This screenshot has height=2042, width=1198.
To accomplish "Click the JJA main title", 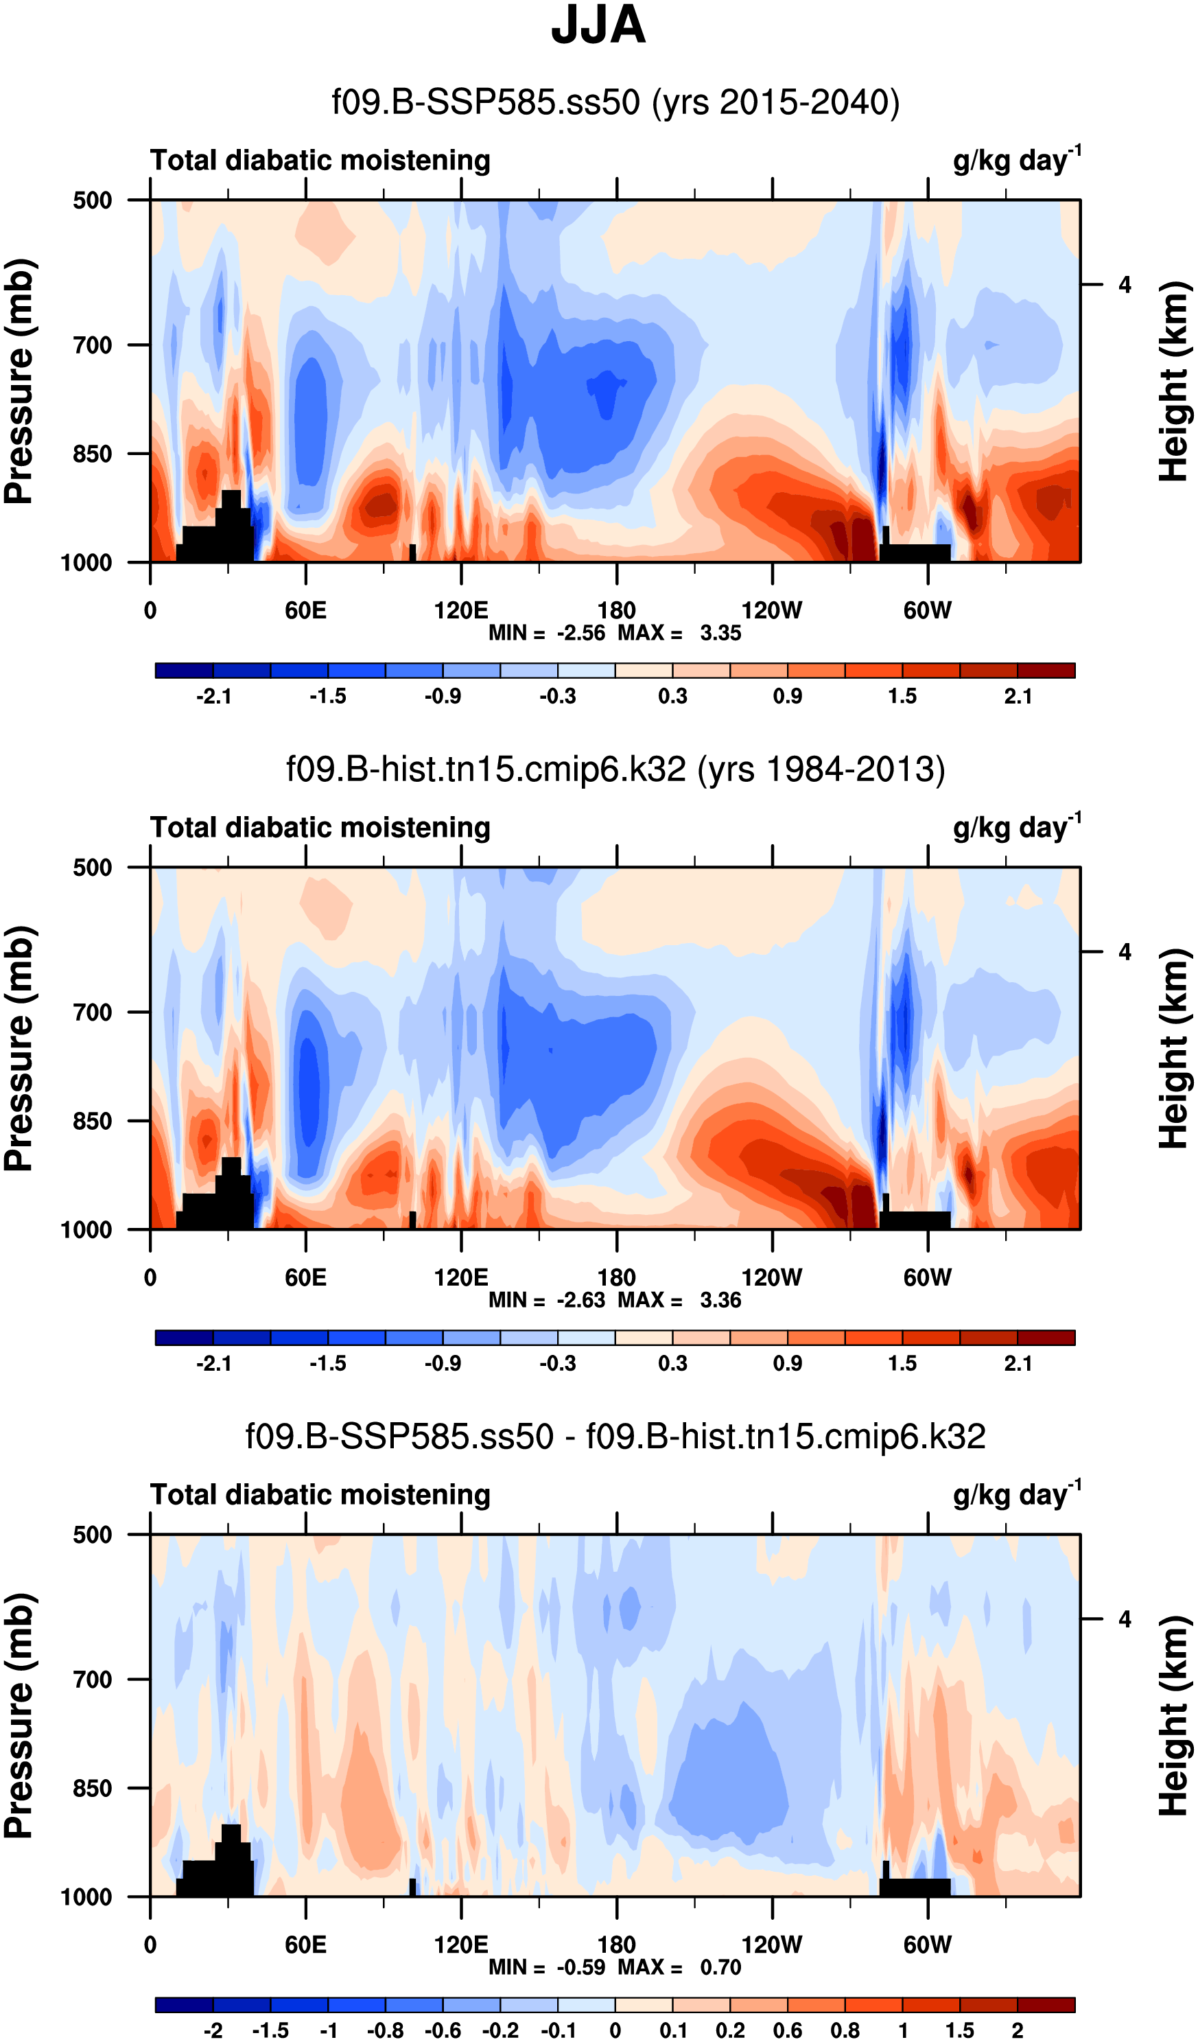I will pyautogui.click(x=598, y=26).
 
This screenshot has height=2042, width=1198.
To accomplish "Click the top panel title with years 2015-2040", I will pyautogui.click(x=615, y=103).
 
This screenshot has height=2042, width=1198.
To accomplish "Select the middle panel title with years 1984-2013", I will pyautogui.click(x=615, y=769).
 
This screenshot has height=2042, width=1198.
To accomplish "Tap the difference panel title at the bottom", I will pyautogui.click(x=615, y=1437).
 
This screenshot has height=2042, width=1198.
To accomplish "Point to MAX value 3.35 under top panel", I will pyautogui.click(x=720, y=633).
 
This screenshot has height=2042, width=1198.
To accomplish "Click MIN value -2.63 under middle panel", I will pyautogui.click(x=580, y=1300).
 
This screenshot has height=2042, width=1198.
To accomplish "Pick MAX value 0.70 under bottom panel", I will pyautogui.click(x=720, y=1966).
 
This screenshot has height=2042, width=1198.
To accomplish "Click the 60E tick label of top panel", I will pyautogui.click(x=305, y=610).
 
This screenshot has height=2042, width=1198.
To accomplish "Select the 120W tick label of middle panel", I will pyautogui.click(x=771, y=1278).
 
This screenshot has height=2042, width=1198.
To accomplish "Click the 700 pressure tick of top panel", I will pyautogui.click(x=93, y=345).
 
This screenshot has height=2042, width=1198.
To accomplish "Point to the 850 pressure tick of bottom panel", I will pyautogui.click(x=93, y=1788).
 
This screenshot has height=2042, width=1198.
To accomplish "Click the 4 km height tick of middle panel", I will pyautogui.click(x=1125, y=952).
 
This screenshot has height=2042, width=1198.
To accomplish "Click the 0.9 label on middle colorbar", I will pyautogui.click(x=787, y=1363).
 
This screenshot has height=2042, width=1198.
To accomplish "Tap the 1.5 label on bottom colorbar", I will pyautogui.click(x=960, y=2030).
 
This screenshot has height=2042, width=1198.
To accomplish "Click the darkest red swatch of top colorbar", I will pyautogui.click(x=1046, y=670).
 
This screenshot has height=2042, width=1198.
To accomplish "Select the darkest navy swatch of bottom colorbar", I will pyautogui.click(x=184, y=2005).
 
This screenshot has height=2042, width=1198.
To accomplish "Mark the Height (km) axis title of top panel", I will pyautogui.click(x=1174, y=381).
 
